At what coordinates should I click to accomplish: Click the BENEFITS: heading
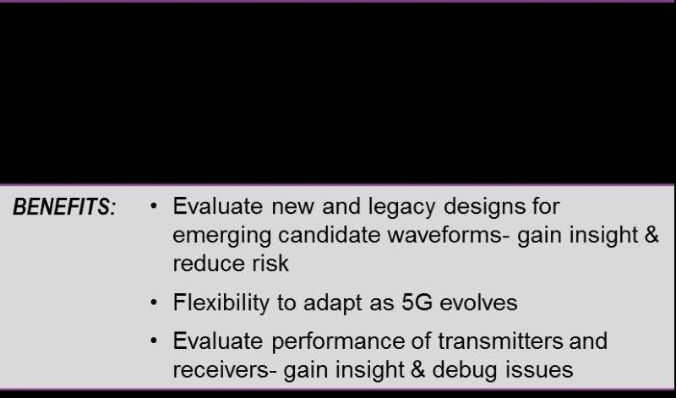click(65, 206)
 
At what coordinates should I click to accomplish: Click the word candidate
click(330, 235)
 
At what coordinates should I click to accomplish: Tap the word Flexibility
click(221, 303)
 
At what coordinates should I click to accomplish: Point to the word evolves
click(478, 303)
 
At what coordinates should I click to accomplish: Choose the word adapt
click(333, 303)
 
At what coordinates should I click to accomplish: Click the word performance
click(339, 342)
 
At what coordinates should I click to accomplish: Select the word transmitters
click(500, 341)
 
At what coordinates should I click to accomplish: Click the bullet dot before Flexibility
click(154, 303)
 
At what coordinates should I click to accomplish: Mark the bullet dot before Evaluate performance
click(154, 341)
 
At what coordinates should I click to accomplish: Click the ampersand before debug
click(417, 369)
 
